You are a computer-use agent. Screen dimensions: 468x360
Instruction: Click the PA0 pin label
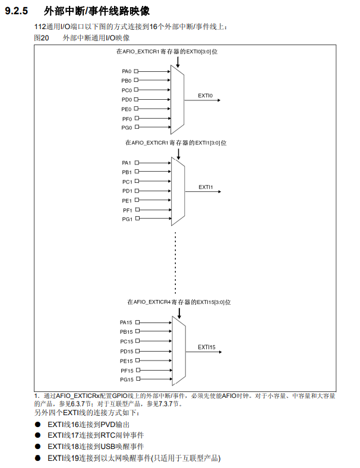127,71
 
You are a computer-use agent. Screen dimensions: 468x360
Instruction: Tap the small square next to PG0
136,127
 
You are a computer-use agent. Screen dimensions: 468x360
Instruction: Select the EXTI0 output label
206,95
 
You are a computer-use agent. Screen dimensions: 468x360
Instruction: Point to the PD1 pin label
127,191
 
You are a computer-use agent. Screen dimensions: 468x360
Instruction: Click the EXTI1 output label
206,186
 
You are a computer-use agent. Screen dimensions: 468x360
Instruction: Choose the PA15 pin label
127,322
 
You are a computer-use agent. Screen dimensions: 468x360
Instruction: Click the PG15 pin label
127,380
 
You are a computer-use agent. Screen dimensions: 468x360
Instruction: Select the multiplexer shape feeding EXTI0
178,99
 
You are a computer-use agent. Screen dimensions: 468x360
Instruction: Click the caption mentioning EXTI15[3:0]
178,302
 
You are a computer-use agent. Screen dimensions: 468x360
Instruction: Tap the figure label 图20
41,37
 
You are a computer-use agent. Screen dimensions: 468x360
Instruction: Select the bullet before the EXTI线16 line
37,425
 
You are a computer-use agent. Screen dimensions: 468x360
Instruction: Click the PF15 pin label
127,370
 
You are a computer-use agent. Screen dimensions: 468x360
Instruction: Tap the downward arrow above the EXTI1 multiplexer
178,153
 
